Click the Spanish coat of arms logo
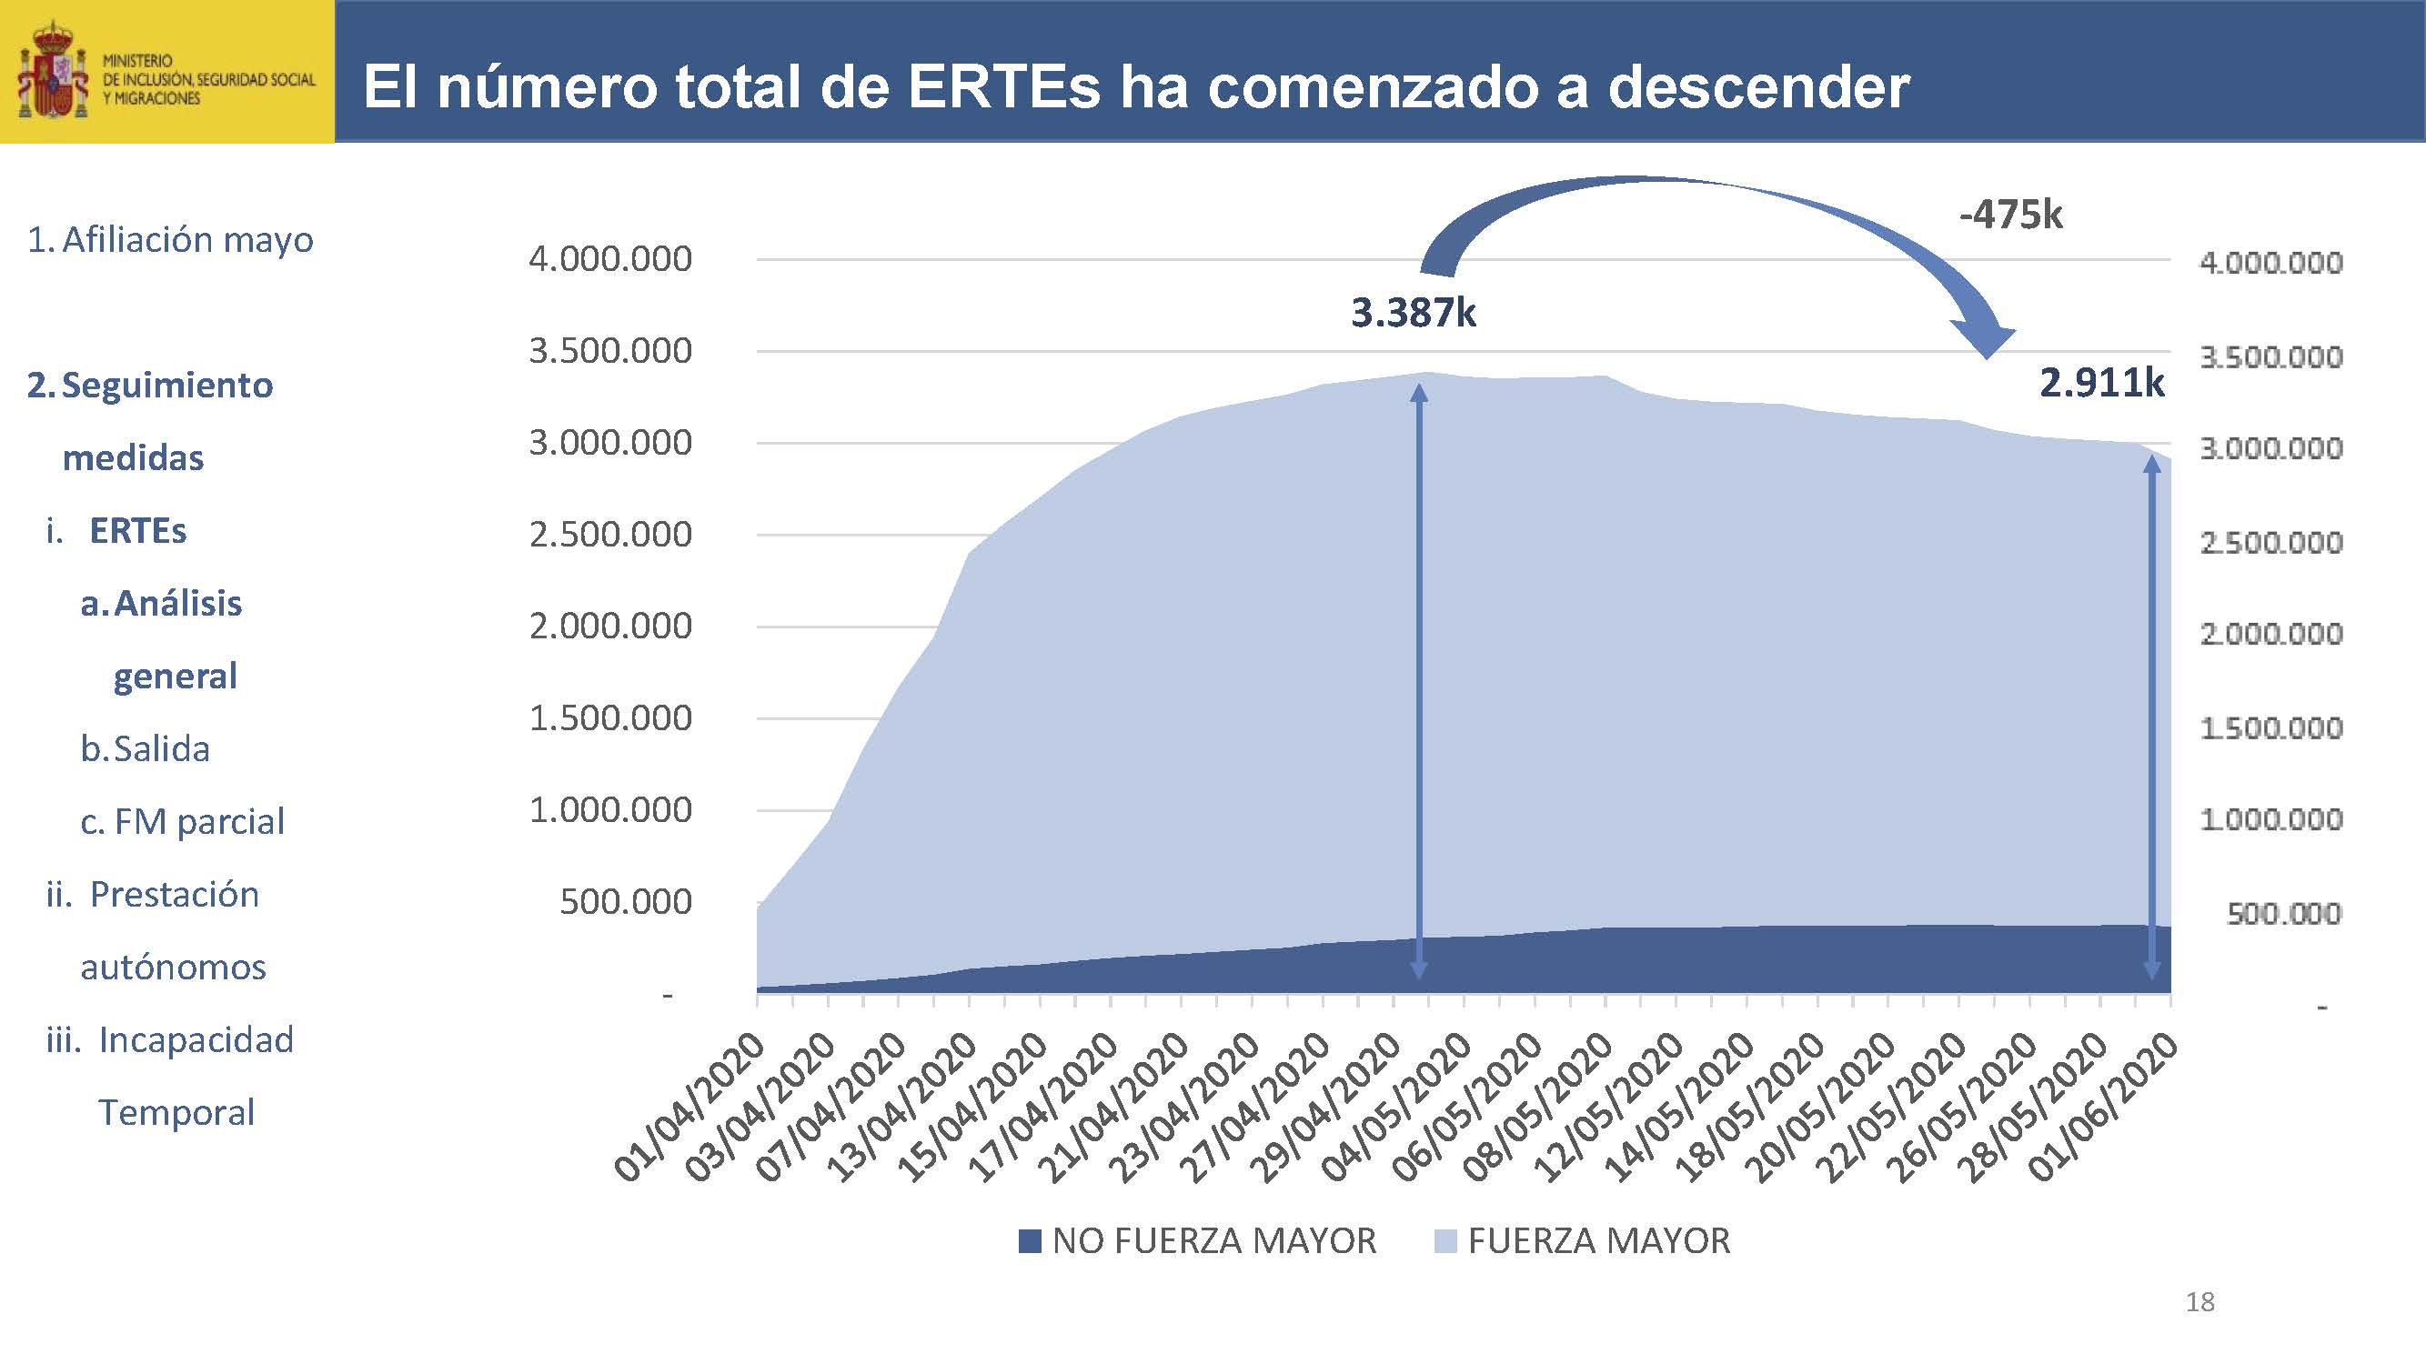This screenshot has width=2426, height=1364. pos(53,73)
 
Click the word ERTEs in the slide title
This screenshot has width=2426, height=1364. pos(1004,86)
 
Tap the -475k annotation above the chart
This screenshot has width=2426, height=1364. pos(2009,216)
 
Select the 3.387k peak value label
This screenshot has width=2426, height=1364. pos(1413,313)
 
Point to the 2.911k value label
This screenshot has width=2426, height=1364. pos(2101,383)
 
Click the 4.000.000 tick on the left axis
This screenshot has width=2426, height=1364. pos(609,259)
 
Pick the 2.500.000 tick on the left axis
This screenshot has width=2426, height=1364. pos(609,535)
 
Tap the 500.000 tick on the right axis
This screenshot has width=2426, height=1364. pos(2283,913)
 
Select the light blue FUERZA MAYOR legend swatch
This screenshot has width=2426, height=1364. pos(1445,1241)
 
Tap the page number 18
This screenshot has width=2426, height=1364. pos(2199,1302)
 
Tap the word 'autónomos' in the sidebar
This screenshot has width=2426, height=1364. pos(173,968)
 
